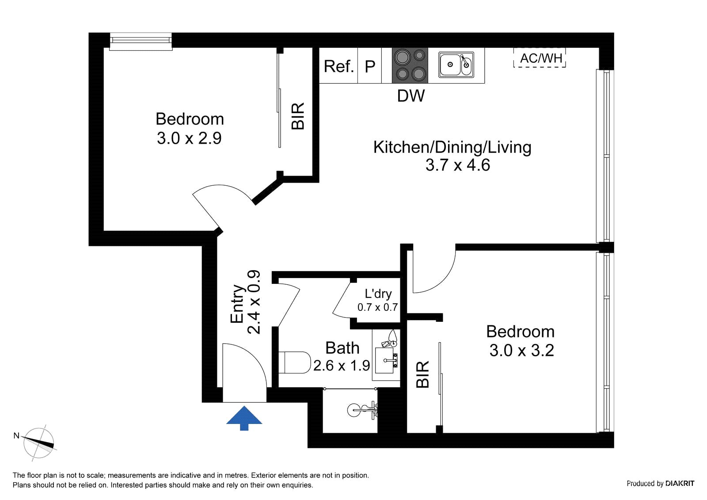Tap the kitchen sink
456,65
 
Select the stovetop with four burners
410,65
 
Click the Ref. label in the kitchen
338,66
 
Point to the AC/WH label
541,58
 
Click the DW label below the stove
411,95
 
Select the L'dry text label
378,294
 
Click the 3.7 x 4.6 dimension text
458,165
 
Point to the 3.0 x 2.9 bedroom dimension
189,138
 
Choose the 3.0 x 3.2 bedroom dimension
522,351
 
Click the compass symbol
38,443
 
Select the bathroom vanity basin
384,360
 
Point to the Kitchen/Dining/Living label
452,148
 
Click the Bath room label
342,348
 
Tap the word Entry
237,304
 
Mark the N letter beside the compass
16,436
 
